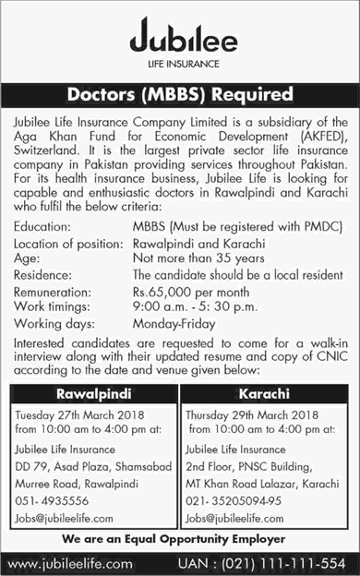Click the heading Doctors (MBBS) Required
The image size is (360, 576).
pyautogui.click(x=179, y=94)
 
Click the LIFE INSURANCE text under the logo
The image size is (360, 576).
pyautogui.click(x=179, y=65)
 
